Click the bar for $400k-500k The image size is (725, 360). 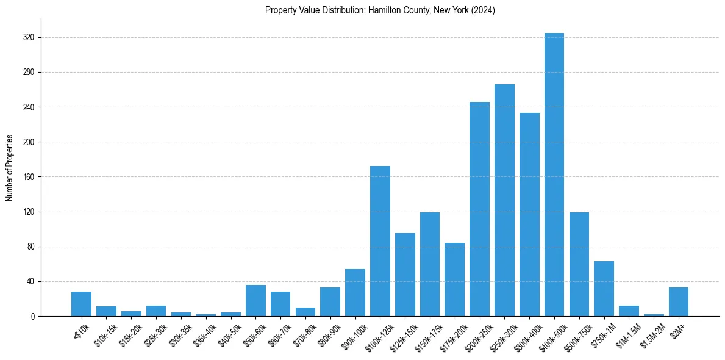coord(554,175)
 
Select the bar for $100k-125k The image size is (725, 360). coord(380,241)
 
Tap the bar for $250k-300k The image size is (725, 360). coord(504,200)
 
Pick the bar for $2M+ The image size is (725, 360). coord(678,302)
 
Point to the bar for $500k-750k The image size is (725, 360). coord(579,264)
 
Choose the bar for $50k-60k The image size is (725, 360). coord(255,301)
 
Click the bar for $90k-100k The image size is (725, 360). coord(355,293)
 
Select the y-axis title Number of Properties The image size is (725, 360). coord(10,168)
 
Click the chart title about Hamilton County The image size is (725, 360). coord(380,10)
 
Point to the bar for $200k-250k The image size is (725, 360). coord(479,209)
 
